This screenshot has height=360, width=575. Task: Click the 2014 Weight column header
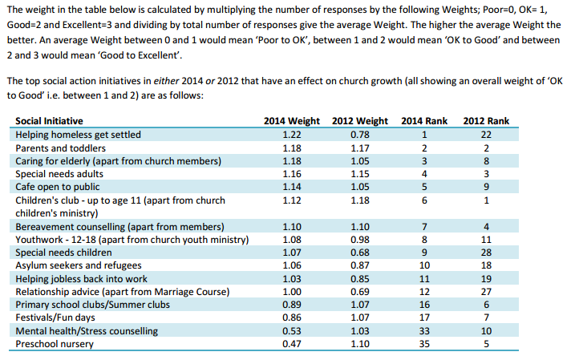coord(292,121)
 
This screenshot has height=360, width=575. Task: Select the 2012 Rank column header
coord(486,121)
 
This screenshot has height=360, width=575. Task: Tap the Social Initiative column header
coord(49,121)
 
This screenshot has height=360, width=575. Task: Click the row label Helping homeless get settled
coord(78,135)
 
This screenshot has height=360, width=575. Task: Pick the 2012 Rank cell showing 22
coord(486,135)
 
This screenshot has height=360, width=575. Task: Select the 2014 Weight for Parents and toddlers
coord(292,148)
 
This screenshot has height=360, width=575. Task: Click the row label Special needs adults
coord(59,174)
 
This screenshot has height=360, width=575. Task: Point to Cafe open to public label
coord(58,187)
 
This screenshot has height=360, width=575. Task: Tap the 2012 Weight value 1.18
coord(360,200)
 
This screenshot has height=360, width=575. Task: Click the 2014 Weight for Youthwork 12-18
coord(292,240)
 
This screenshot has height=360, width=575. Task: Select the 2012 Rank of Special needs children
coord(486,253)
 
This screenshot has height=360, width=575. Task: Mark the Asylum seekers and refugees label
coord(79,265)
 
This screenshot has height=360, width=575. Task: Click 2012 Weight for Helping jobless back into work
coord(360,279)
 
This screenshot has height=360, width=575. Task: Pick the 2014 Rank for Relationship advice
coord(424,292)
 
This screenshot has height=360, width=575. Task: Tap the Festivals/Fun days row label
coord(55,318)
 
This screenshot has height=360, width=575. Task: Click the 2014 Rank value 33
coord(424,331)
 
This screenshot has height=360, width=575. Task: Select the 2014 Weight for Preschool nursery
coord(292,344)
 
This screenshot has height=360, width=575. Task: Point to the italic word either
coord(166,81)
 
